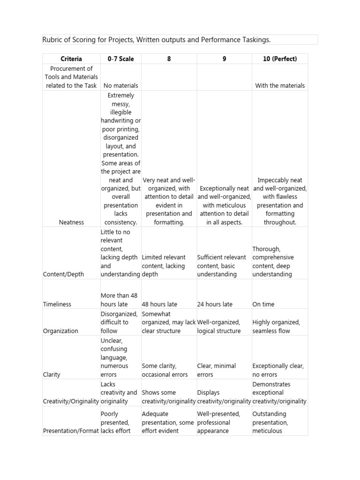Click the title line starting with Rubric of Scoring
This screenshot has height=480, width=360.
tap(157, 40)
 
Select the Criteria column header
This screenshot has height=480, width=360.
tap(71, 59)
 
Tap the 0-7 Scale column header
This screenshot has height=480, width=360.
tap(120, 59)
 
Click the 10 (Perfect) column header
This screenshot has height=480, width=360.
tap(280, 59)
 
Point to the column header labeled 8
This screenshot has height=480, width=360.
tap(169, 59)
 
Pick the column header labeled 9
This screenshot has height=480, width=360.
tap(224, 59)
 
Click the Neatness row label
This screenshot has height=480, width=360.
tap(71, 222)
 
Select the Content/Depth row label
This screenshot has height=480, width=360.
tap(63, 274)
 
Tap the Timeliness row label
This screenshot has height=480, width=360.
tap(57, 304)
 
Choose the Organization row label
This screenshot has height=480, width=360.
tap(60, 331)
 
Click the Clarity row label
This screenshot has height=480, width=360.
tap(52, 375)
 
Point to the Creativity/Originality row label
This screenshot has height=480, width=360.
tap(71, 401)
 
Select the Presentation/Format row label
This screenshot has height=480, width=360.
tap(71, 431)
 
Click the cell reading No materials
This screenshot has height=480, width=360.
tap(120, 85)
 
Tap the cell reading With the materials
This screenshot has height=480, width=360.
tap(280, 85)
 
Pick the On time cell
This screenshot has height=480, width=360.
tap(263, 304)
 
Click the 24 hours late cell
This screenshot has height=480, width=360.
tap(215, 304)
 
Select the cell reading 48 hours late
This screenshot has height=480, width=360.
tap(159, 304)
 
